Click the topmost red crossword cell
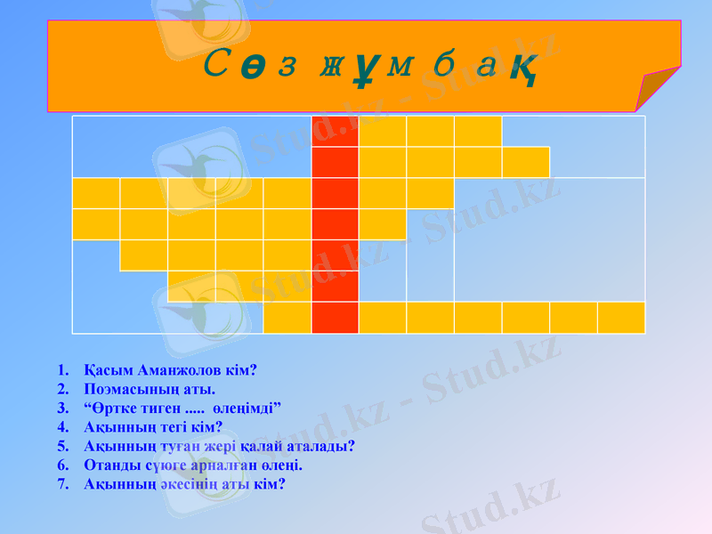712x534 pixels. point(336,131)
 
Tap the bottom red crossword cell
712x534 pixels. point(336,318)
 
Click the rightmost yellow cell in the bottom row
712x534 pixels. point(621,318)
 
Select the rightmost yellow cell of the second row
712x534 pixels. point(526,162)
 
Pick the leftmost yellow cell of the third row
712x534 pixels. point(96,193)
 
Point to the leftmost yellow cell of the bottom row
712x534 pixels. point(287,318)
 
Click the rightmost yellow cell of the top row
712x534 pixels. point(478,131)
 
